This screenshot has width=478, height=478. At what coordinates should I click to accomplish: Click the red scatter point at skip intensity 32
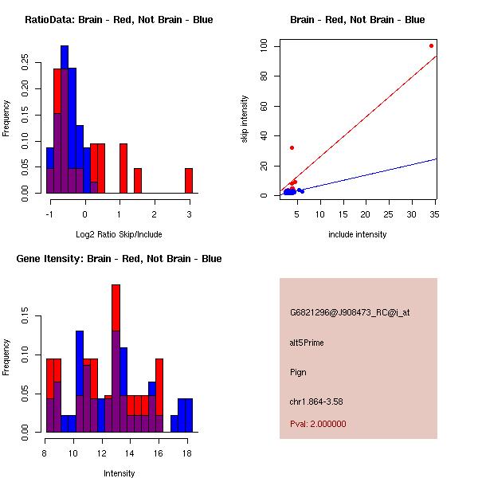click(x=292, y=147)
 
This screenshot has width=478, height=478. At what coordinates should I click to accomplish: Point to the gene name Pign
click(x=298, y=372)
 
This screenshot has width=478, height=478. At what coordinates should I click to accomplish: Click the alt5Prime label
click(x=307, y=343)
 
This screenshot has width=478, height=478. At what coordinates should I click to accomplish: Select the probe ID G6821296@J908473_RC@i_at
click(x=350, y=313)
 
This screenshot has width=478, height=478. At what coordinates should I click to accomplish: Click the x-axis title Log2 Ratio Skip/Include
click(x=119, y=234)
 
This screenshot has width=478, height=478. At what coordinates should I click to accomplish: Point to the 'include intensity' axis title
click(x=358, y=234)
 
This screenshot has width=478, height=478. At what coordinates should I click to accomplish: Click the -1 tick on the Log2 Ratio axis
click(x=50, y=213)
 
